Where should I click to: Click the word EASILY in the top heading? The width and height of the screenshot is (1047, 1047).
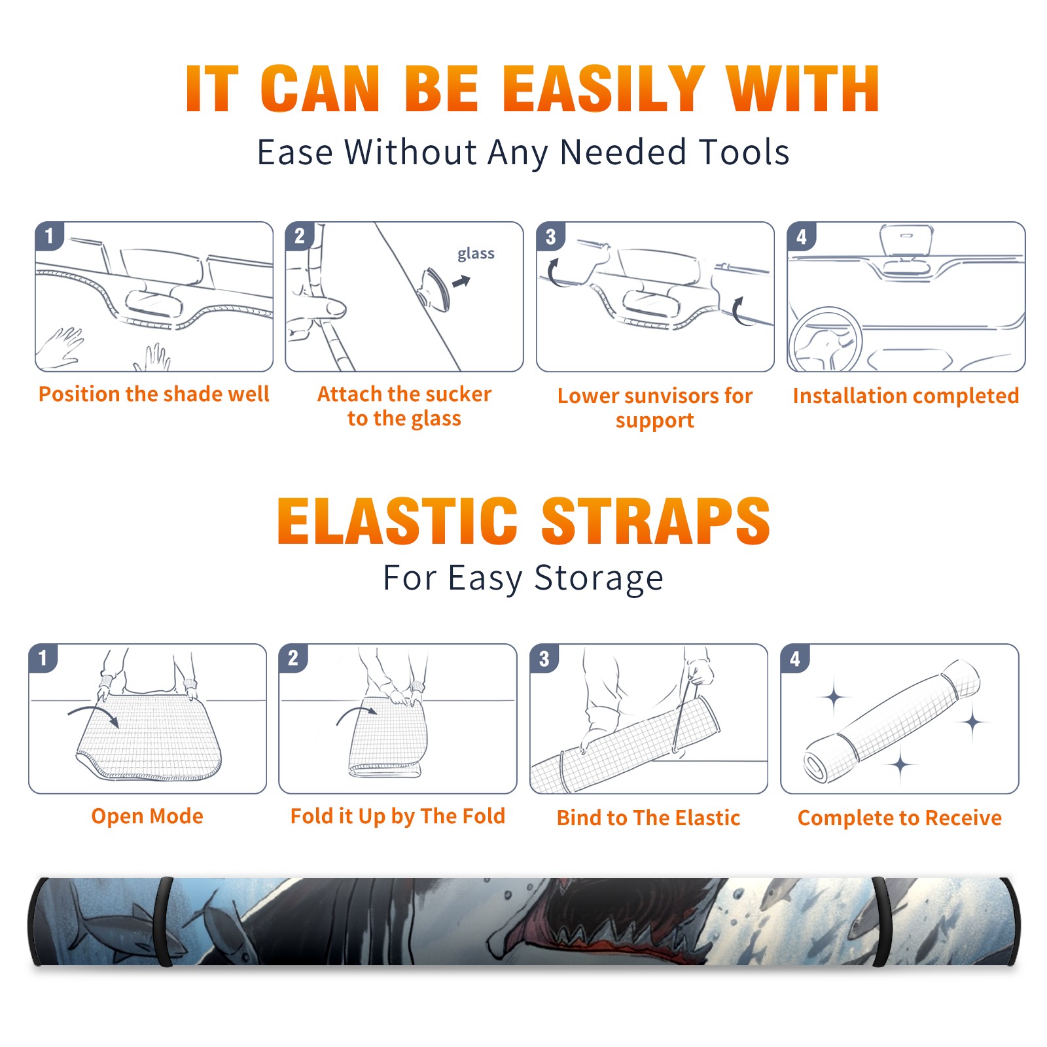click(603, 89)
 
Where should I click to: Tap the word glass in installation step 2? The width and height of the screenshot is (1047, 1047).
click(476, 254)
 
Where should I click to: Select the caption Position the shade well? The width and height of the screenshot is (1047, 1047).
click(154, 394)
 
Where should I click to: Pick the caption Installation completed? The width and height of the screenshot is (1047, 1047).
click(906, 396)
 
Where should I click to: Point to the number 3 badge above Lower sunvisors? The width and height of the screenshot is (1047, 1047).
click(550, 237)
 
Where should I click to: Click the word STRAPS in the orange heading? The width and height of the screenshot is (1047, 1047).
click(656, 521)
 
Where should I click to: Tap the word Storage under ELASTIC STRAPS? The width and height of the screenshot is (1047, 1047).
click(599, 579)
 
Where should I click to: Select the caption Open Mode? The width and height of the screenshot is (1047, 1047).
click(147, 816)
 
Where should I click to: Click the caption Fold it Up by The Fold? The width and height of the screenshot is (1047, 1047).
click(398, 817)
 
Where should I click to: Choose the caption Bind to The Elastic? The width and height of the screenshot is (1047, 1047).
click(648, 818)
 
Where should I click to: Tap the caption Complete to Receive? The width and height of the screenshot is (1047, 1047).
click(900, 818)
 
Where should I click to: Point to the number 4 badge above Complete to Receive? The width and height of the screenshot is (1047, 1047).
click(795, 659)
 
